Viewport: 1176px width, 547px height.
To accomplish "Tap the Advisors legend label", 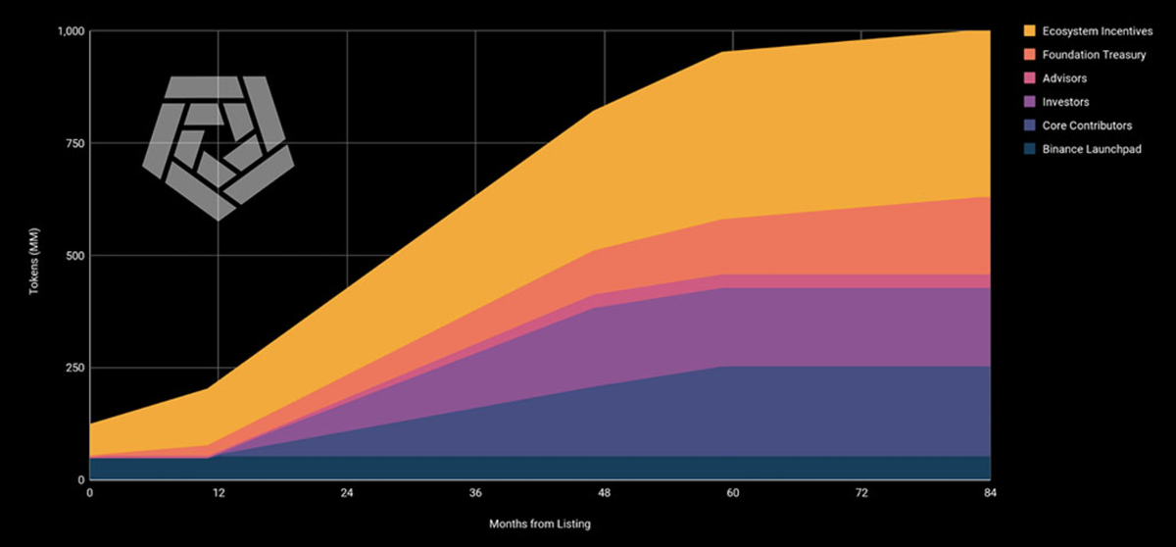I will click(x=1063, y=78).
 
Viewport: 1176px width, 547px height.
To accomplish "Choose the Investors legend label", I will click(x=1065, y=102).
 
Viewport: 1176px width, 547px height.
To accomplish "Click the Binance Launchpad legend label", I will click(x=1090, y=149).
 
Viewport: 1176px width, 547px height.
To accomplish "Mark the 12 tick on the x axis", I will click(x=219, y=495).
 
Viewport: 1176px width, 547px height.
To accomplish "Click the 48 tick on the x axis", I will click(x=604, y=495).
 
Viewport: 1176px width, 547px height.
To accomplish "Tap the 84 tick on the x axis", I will click(x=990, y=495).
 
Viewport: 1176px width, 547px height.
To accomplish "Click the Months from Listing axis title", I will click(x=540, y=524).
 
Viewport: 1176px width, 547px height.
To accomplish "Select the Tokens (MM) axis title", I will click(x=34, y=256).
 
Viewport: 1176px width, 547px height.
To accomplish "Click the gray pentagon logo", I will click(x=218, y=145).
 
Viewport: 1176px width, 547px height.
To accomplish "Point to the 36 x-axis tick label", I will click(x=475, y=495).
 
